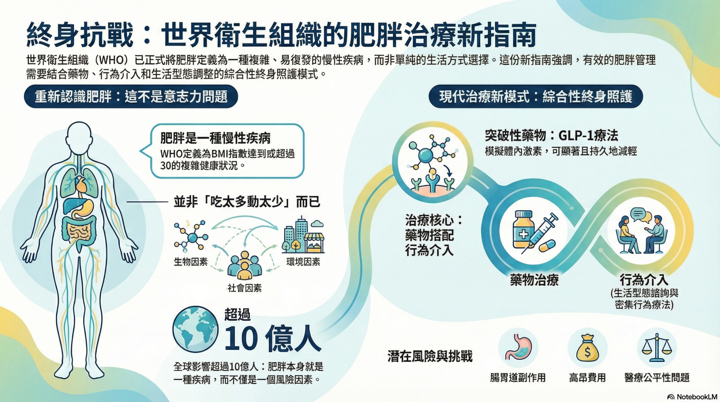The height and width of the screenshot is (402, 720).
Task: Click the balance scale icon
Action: click(x=657, y=348)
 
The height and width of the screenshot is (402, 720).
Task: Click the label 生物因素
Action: click(x=191, y=262)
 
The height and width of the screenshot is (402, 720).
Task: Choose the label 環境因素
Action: click(x=303, y=262)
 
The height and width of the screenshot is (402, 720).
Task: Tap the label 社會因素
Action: click(x=245, y=288)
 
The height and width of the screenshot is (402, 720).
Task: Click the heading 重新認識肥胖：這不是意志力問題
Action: click(x=131, y=97)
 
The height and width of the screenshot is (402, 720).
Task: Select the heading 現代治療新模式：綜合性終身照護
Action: click(x=536, y=97)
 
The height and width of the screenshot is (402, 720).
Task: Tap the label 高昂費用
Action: click(x=588, y=378)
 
